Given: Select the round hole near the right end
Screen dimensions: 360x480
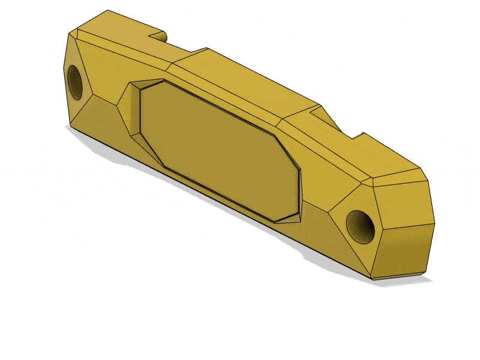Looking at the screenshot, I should tap(361, 226).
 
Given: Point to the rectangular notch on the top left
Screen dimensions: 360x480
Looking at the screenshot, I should tap(157, 35).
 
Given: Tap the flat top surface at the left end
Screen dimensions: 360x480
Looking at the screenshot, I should tap(114, 30).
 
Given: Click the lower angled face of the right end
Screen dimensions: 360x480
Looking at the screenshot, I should tap(402, 252).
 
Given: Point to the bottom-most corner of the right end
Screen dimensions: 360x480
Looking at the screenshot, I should tap(375, 280).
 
